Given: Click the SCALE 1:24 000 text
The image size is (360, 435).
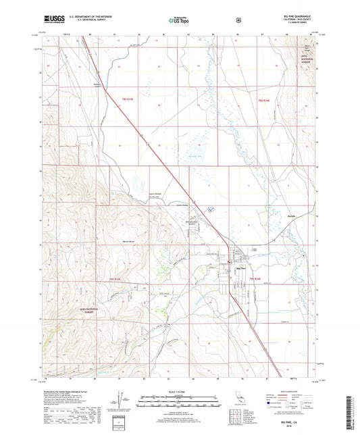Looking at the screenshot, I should point(179,391).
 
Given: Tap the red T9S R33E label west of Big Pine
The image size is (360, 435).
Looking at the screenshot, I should point(117,279).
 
